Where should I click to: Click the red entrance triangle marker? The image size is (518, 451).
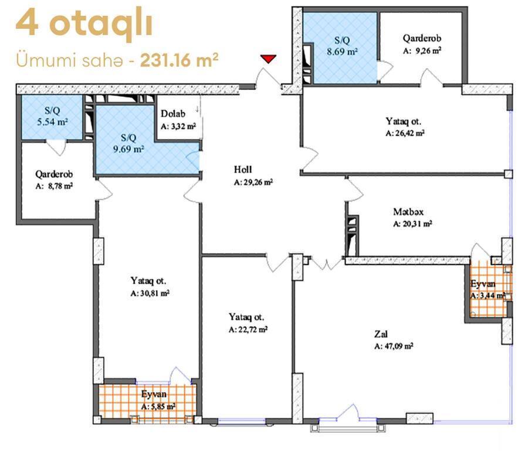268,59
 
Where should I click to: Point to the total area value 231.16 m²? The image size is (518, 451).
179,60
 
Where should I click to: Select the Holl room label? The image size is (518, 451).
243,169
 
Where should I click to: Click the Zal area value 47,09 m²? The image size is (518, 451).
394,346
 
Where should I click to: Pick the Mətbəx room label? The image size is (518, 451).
408,211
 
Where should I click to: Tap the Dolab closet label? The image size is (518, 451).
173,114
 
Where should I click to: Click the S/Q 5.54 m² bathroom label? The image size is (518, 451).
52,116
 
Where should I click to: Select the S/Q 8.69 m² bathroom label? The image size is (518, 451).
342,46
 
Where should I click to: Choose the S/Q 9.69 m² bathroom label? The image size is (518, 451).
128,143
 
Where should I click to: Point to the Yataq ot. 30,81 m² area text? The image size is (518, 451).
150,293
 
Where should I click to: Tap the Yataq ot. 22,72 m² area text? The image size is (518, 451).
248,329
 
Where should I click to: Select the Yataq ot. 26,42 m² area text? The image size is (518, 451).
405,133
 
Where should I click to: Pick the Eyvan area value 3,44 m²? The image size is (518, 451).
488,295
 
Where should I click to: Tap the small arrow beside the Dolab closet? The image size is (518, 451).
197,109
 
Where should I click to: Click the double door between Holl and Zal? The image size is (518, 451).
327,264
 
